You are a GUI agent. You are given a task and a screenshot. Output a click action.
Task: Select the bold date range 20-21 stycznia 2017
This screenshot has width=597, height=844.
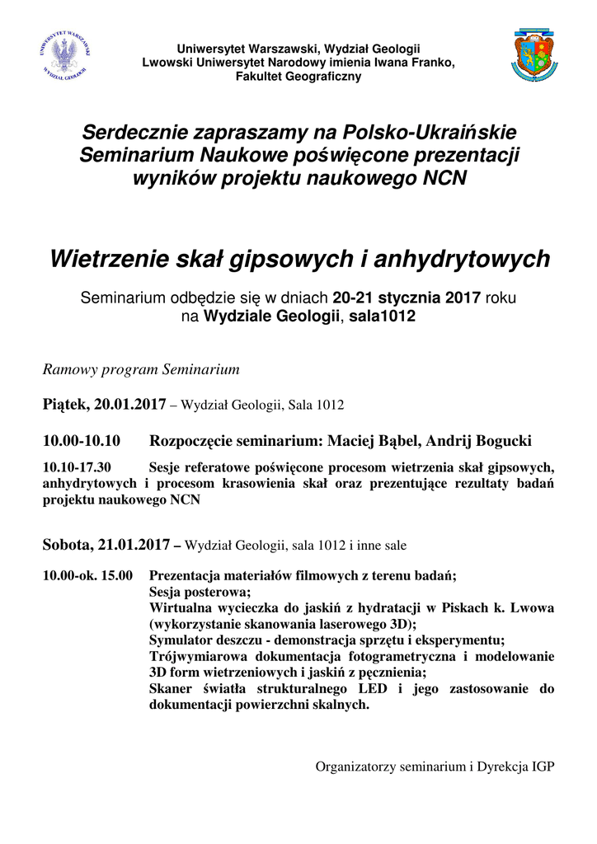tap(407, 298)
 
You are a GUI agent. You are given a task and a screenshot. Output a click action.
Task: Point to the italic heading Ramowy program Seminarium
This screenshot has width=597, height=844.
tap(141, 369)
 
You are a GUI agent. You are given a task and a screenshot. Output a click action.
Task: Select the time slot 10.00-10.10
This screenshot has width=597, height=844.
tap(82, 440)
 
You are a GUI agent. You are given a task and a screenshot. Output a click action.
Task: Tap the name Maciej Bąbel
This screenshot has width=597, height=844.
tap(372, 440)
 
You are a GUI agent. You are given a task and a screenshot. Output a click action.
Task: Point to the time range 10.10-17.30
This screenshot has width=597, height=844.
tap(77, 467)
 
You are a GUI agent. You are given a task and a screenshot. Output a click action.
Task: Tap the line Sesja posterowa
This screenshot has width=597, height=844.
tap(199, 591)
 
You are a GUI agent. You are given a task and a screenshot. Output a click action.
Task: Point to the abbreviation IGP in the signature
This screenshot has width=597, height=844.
tap(542, 767)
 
